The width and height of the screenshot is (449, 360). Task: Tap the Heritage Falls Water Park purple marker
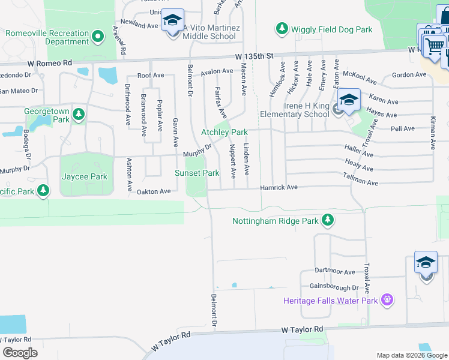[387, 299]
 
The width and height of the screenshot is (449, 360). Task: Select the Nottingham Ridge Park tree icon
[327, 221]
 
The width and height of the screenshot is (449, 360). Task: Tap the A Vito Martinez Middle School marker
[172, 23]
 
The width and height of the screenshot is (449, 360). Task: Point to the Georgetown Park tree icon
[78, 113]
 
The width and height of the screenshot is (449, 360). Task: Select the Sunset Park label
[197, 173]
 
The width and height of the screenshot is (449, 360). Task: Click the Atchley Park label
[224, 132]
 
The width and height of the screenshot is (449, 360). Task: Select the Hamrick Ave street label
[279, 188]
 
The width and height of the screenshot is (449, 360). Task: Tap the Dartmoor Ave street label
[334, 272]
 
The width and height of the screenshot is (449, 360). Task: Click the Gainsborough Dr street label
[334, 287]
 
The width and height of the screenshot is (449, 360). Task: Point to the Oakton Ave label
[155, 191]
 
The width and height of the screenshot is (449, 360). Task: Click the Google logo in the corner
[20, 353]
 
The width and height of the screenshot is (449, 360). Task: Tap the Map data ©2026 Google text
[411, 355]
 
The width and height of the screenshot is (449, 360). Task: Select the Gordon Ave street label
[408, 75]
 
